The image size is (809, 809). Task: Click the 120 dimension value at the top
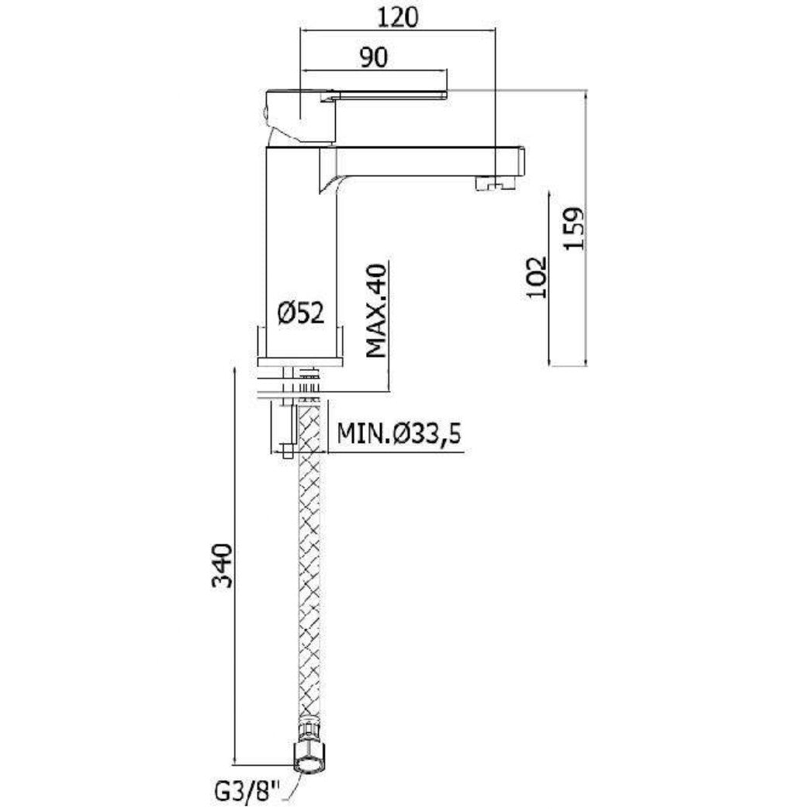pos(398,18)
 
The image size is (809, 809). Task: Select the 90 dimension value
pos(374,57)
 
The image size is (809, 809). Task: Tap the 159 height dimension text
pos(574,229)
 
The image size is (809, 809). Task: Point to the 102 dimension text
pos(536,277)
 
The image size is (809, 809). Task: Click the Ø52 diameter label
pos(301,313)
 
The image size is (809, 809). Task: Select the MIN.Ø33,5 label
pos(399,434)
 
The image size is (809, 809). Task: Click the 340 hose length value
pos(224,565)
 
